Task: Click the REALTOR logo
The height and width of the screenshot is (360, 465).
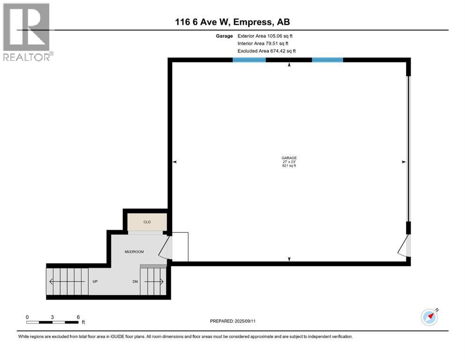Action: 28,32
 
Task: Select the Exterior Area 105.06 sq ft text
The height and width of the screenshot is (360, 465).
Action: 266,36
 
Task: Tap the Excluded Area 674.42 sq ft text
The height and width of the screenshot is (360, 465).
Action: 266,51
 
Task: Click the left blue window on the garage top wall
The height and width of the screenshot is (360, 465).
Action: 249,60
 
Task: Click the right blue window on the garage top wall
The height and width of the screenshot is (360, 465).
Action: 327,60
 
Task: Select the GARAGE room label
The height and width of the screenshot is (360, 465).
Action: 289,158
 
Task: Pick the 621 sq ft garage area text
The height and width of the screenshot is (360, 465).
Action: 289,166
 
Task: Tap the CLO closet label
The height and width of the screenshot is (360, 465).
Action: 147,222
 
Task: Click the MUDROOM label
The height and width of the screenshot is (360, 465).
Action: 134,252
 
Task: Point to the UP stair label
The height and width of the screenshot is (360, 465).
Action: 94,282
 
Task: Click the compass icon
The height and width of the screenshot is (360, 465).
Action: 429,317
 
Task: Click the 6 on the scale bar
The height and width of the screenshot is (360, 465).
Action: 78,317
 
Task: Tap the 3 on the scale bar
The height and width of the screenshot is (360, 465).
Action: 52,317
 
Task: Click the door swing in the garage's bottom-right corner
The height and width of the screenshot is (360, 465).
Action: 404,247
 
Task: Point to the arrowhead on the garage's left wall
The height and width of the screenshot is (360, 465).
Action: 175,162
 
